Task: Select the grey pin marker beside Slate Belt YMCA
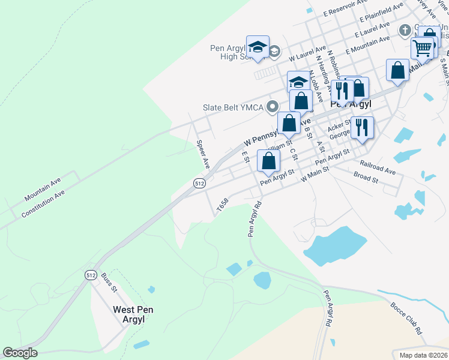pos(273,107)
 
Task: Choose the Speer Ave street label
pos(203,154)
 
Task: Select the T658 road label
pos(223,205)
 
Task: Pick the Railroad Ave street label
pos(378,167)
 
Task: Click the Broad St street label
pos(366,178)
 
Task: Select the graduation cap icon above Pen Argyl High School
pos(258,46)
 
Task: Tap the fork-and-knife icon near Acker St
pos(362,127)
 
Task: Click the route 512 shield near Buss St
pos(91,275)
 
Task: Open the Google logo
pos(20,353)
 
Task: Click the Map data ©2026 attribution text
pos(423,355)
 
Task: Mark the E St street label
pos(245,157)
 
